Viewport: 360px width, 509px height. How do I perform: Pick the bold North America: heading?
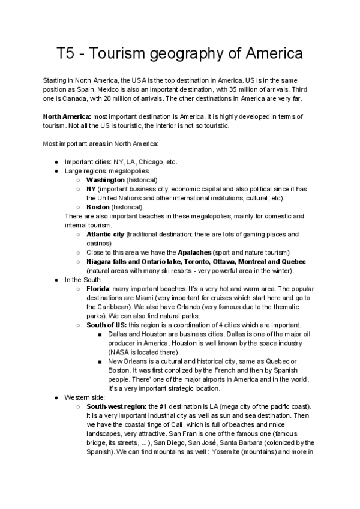[x=67, y=116]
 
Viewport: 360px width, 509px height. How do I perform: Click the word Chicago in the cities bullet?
[x=146, y=162]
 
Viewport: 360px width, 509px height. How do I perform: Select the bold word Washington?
[x=105, y=180]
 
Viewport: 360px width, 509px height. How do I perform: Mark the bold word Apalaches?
[x=198, y=252]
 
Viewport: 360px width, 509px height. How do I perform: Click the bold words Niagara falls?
[x=112, y=262]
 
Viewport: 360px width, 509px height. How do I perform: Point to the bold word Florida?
[x=98, y=289]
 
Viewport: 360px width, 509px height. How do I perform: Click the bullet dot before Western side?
[x=56, y=397]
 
